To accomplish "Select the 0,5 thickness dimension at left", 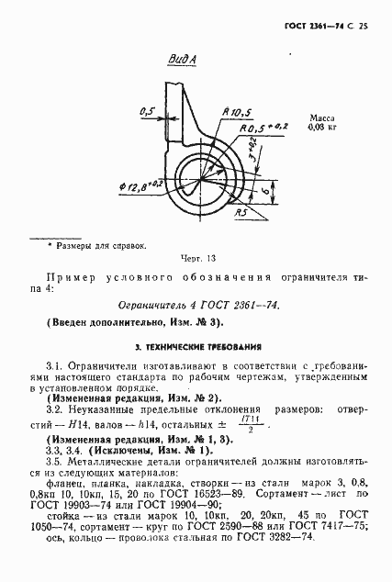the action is (148, 111).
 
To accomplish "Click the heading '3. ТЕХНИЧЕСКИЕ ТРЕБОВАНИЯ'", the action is (196, 348).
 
